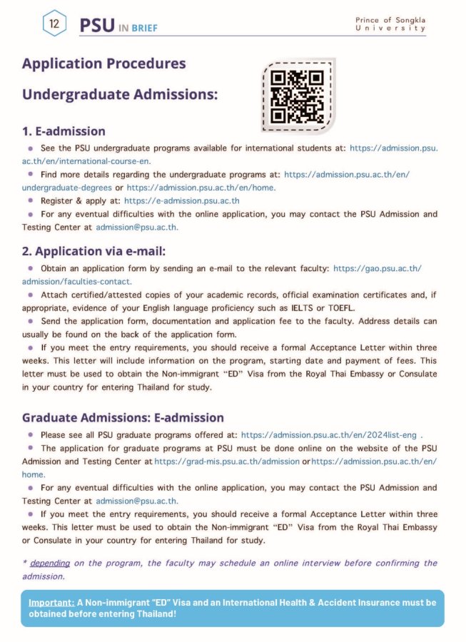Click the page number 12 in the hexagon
(x=54, y=24)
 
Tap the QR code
(x=298, y=96)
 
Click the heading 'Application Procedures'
(x=103, y=63)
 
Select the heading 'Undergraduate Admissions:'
(x=119, y=94)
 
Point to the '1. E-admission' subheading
(x=64, y=131)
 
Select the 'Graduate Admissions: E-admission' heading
(x=123, y=417)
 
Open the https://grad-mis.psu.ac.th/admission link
(x=227, y=462)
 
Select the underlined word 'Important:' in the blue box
(x=51, y=602)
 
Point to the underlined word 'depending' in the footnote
(x=50, y=563)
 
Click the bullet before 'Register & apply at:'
(x=31, y=200)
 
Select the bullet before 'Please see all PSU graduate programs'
(x=31, y=434)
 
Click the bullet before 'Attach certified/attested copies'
(x=31, y=295)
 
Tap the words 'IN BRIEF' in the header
(x=138, y=28)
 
